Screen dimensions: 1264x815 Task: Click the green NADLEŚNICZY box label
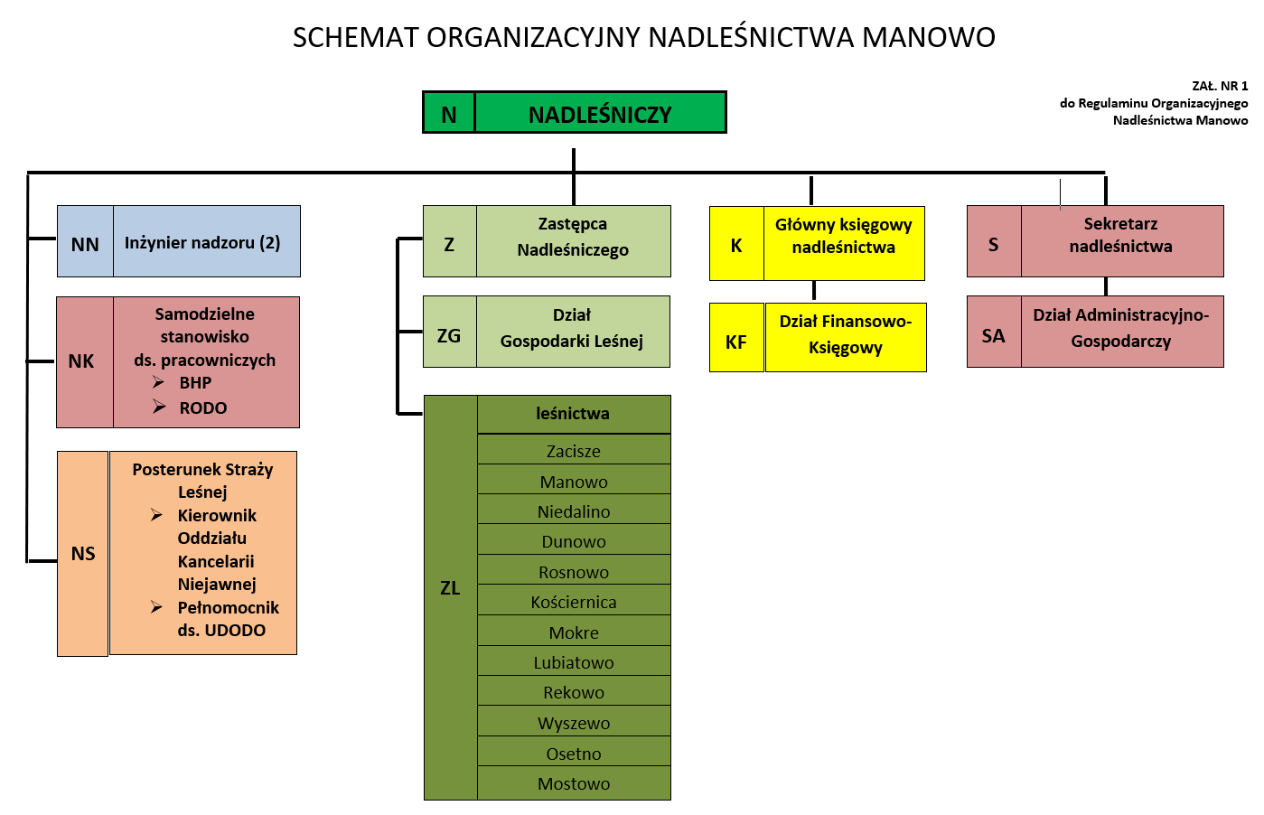click(600, 115)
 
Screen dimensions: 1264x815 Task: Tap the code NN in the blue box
click(85, 244)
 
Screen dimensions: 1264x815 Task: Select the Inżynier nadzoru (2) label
click(202, 243)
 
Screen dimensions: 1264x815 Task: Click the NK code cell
click(85, 361)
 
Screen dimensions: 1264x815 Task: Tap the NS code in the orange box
click(83, 554)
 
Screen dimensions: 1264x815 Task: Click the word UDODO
click(235, 630)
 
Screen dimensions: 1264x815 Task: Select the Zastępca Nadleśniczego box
click(547, 241)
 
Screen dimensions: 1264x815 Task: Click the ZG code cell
click(450, 332)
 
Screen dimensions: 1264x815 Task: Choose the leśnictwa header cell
click(574, 414)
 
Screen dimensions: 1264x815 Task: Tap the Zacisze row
click(574, 450)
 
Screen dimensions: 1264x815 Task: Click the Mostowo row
click(574, 782)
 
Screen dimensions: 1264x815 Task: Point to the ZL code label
click(450, 588)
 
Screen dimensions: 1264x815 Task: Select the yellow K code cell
click(736, 244)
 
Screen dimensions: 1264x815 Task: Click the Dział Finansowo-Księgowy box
click(846, 338)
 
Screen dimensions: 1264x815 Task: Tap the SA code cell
click(994, 332)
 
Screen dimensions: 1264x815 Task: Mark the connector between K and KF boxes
click(814, 291)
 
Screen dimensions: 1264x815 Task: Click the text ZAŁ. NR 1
click(1220, 86)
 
